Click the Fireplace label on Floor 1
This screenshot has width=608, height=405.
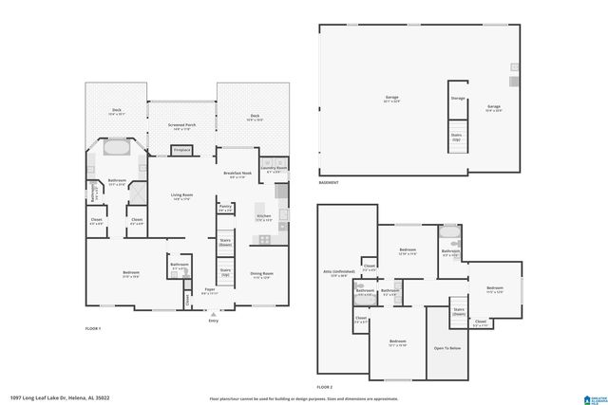point(181,150)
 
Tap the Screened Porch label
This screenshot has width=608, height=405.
point(181,126)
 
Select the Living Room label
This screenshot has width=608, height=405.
point(181,196)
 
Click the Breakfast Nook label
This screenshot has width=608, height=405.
point(237,175)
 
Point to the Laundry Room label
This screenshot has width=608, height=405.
point(274,170)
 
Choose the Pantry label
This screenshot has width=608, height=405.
point(225,208)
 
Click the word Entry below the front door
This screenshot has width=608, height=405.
point(213,321)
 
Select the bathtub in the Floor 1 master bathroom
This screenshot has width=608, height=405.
point(119,149)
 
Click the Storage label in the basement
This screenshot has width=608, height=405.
point(458,98)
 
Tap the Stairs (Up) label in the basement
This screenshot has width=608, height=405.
point(457,135)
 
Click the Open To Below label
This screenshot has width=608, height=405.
point(447,348)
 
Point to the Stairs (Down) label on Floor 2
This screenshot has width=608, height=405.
point(458,310)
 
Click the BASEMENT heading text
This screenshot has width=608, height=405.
point(329,181)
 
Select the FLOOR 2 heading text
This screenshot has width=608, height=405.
point(325,387)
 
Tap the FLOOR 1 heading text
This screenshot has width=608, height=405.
point(92,328)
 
